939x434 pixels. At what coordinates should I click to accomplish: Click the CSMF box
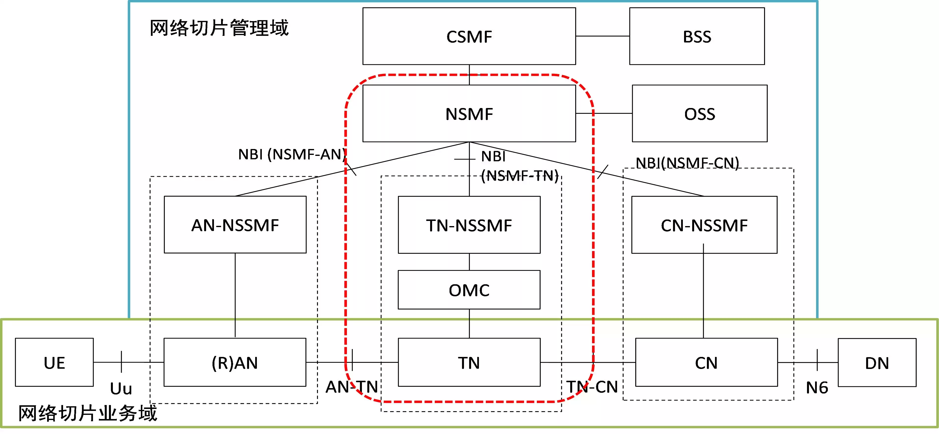click(x=469, y=37)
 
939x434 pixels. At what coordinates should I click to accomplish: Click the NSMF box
click(x=469, y=114)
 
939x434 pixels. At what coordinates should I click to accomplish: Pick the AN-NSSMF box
click(x=235, y=225)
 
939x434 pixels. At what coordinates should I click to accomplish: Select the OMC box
click(x=469, y=290)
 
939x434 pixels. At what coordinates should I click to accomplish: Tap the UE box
click(x=54, y=363)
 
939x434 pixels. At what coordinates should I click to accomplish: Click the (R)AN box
click(x=235, y=363)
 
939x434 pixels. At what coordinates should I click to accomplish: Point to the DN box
click(x=877, y=363)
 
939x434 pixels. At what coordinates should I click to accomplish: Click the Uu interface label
click(x=121, y=388)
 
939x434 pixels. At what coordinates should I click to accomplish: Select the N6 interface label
click(x=817, y=387)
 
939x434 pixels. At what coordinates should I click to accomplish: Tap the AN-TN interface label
click(x=352, y=387)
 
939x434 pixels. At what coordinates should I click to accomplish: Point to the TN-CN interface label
click(x=592, y=387)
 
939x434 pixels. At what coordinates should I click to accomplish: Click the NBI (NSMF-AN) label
click(x=292, y=154)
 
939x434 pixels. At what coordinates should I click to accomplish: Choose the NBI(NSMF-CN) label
click(x=687, y=163)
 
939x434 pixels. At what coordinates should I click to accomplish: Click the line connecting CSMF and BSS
click(x=602, y=36)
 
